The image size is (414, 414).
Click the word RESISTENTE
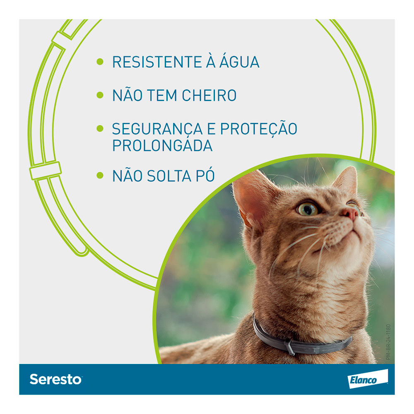click(157, 62)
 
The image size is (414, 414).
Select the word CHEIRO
click(209, 95)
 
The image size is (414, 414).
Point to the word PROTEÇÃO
click(259, 128)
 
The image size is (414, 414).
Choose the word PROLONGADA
click(162, 145)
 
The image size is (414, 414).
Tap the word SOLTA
click(169, 176)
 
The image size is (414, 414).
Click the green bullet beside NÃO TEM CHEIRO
click(100, 95)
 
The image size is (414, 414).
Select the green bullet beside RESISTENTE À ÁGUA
click(100, 62)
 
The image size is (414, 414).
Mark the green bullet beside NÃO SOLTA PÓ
click(100, 175)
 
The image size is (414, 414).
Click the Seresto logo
click(56, 379)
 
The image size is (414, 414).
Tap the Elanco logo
click(368, 379)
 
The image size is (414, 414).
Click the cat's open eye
click(308, 209)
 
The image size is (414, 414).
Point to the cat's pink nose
click(350, 213)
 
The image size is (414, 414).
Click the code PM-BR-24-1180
click(388, 342)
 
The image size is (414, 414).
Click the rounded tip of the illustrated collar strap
click(83, 252)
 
